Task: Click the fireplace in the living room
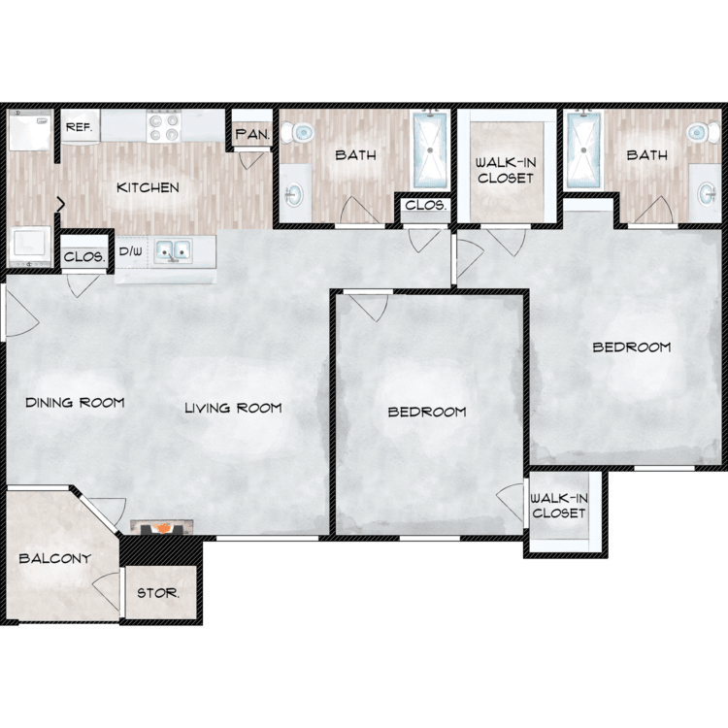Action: [x=161, y=527]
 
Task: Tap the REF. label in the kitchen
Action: [x=79, y=127]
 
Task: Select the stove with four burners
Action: [x=164, y=126]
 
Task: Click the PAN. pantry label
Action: [x=251, y=135]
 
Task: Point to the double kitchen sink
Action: [x=173, y=250]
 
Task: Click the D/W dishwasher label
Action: [x=130, y=251]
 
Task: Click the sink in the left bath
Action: [x=293, y=194]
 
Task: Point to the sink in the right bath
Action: [x=707, y=194]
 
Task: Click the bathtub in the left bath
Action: [x=430, y=149]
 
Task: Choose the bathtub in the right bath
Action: [x=583, y=149]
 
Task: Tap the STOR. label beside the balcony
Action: [x=158, y=593]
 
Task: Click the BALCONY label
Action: [x=54, y=558]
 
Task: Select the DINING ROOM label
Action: [x=75, y=403]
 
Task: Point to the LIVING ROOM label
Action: [x=233, y=408]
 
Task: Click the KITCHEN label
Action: [x=148, y=187]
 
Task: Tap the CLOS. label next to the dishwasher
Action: [x=84, y=257]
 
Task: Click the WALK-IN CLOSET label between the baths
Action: [x=506, y=170]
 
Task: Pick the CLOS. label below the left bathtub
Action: [x=426, y=205]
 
